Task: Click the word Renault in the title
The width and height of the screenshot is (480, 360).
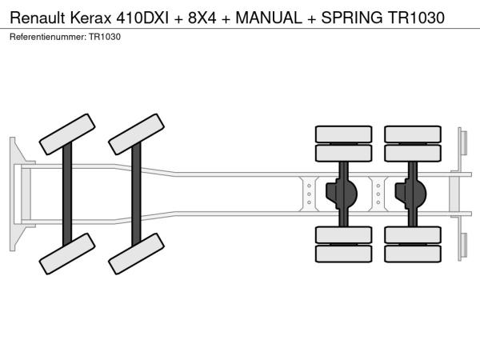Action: point(38,17)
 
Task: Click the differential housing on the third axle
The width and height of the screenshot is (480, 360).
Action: point(344,193)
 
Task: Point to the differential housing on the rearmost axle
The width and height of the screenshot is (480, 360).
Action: point(414,193)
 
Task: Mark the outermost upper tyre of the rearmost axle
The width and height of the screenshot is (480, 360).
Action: point(412,134)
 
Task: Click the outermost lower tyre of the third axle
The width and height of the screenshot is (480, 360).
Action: point(343,254)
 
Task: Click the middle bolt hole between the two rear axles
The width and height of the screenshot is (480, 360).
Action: point(378,193)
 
